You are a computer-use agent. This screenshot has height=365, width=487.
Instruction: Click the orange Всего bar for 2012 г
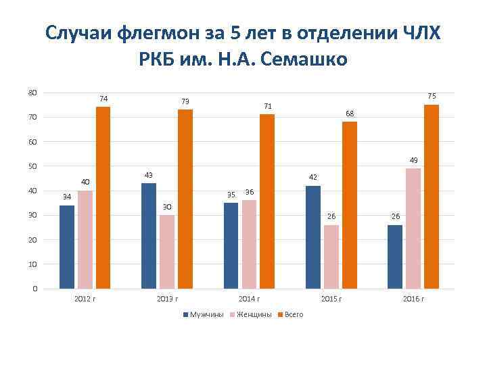103,197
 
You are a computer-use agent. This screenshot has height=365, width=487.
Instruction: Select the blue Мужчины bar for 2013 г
149,236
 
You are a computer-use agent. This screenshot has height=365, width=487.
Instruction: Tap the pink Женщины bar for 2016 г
413,228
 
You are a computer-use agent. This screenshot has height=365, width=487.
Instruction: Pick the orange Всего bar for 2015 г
349,205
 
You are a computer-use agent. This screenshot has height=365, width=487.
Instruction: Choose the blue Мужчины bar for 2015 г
313,237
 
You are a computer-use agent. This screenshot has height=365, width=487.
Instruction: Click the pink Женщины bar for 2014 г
249,244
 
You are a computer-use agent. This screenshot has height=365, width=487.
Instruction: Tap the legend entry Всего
294,315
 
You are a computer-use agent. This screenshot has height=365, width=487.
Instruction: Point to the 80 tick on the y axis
32,93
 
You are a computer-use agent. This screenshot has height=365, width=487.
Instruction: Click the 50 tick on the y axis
32,166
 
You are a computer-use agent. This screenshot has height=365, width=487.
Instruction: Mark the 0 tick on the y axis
34,289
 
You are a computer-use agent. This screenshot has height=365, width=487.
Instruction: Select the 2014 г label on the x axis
249,299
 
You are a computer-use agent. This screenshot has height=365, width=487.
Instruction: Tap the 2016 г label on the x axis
413,299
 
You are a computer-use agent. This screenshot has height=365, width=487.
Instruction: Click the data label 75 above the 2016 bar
432,96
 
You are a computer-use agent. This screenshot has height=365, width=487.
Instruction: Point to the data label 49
413,160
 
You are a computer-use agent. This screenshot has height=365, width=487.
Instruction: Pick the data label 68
350,113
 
